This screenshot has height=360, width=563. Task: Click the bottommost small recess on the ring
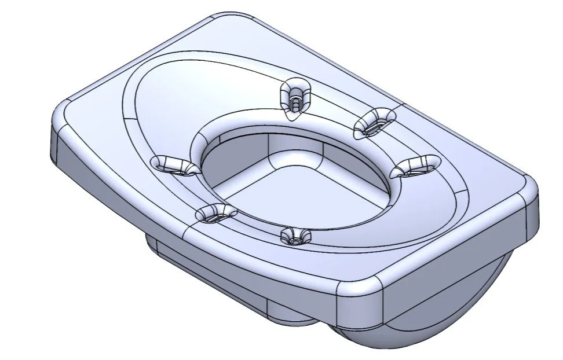point(295,236)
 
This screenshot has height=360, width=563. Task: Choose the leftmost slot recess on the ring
point(172,165)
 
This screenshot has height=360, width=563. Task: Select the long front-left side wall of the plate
point(203,243)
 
